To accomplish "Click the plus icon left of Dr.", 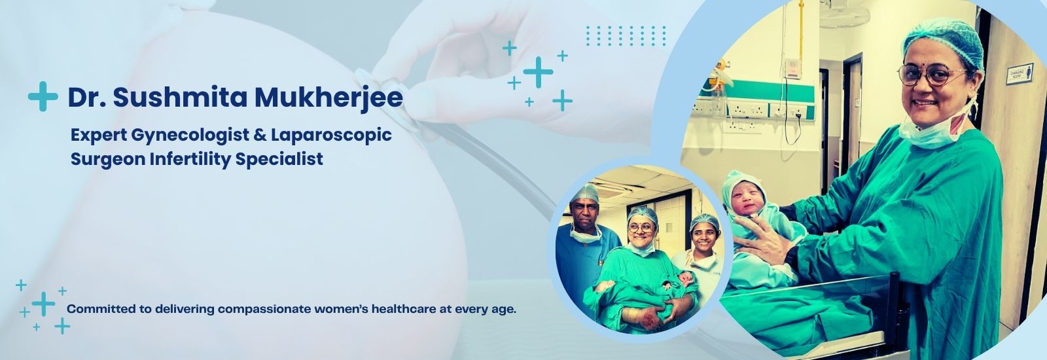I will pos(43,96).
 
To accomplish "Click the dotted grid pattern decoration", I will pos(626,36).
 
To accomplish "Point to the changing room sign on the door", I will pos(1018,72).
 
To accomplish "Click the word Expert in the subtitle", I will pos(98,136).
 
